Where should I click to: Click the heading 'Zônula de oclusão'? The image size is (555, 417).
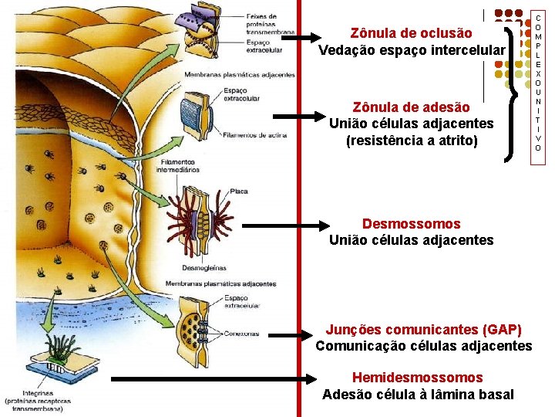tap(411, 33)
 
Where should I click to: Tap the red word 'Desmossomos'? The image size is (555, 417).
tap(411, 224)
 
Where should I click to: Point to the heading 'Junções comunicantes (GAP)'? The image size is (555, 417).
tap(423, 329)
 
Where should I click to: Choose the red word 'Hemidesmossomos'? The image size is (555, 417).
tap(417, 378)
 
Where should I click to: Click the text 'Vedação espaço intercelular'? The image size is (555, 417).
tap(412, 50)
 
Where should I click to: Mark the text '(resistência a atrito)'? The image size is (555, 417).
tap(412, 141)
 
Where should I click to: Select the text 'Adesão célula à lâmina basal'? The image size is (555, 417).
tap(418, 395)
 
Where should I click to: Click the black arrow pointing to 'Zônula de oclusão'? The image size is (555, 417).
tap(294, 36)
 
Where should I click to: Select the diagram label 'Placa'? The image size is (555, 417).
tap(239, 190)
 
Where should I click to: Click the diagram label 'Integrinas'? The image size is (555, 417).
tap(23, 393)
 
